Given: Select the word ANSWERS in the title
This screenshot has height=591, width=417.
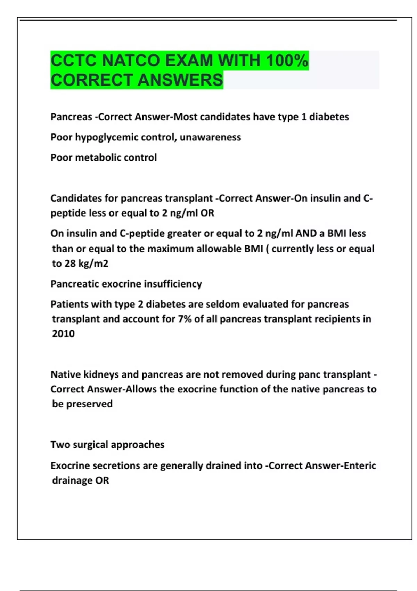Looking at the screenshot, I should pyautogui.click(x=182, y=80).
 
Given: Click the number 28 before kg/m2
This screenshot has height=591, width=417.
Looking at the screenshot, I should pyautogui.click(x=70, y=264).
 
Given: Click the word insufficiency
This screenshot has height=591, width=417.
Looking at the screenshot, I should pyautogui.click(x=173, y=284).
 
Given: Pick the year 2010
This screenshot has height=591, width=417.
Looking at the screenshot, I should pyautogui.click(x=63, y=334).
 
